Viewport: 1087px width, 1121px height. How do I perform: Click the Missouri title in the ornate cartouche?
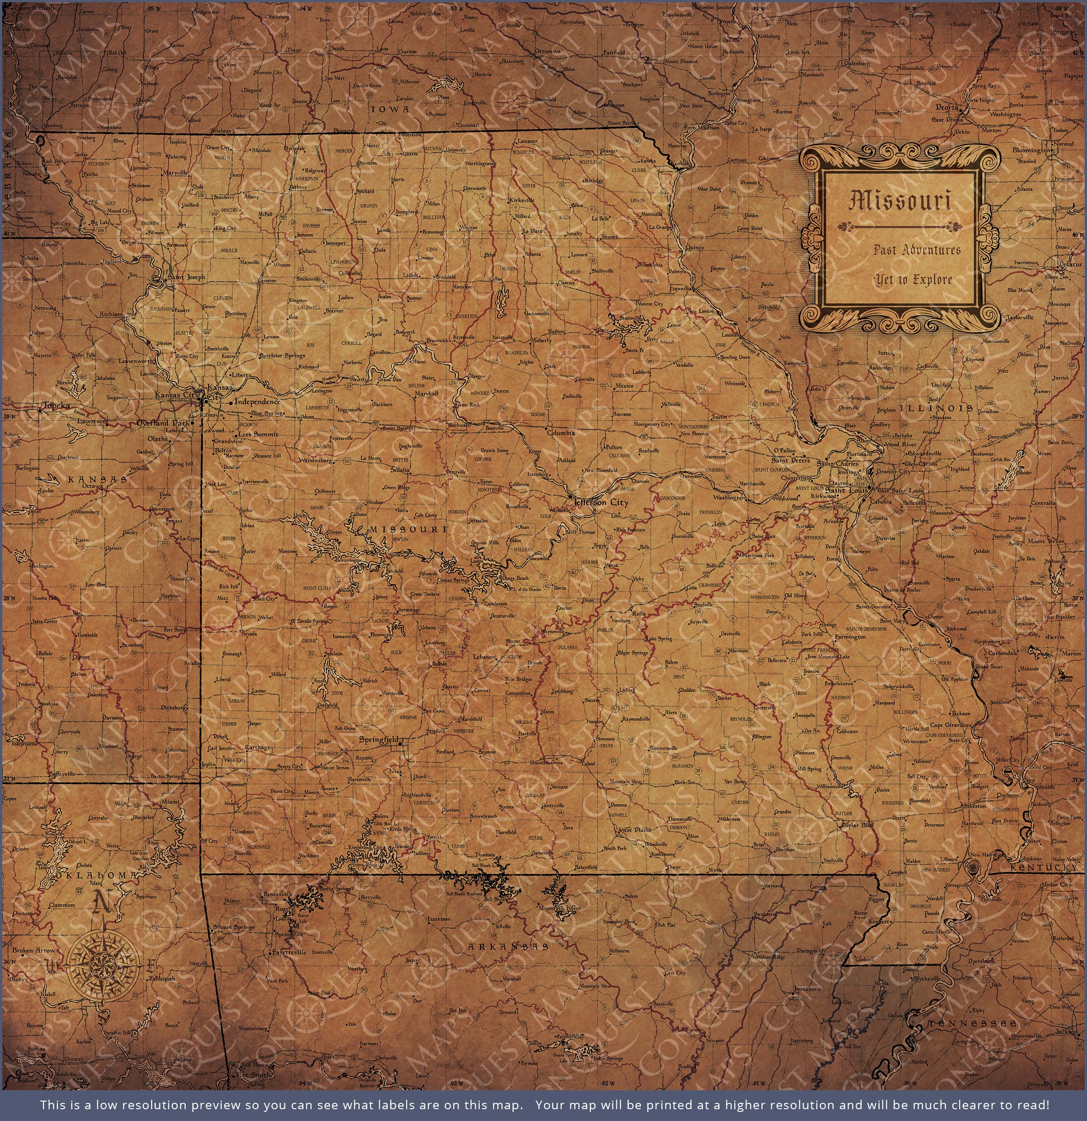(900, 201)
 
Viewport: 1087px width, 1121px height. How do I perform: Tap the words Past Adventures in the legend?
(917, 250)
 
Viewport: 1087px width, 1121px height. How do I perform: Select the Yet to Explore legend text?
(912, 280)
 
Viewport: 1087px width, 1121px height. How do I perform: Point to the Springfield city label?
(379, 739)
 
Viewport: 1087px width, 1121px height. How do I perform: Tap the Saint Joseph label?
(186, 277)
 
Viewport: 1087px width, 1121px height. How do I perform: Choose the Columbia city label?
(560, 433)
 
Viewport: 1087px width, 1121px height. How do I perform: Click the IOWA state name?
(390, 109)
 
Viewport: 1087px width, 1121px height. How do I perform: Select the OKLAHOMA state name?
(96, 875)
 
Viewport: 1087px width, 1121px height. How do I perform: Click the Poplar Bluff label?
(858, 825)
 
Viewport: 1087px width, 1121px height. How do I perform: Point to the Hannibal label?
(680, 290)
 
